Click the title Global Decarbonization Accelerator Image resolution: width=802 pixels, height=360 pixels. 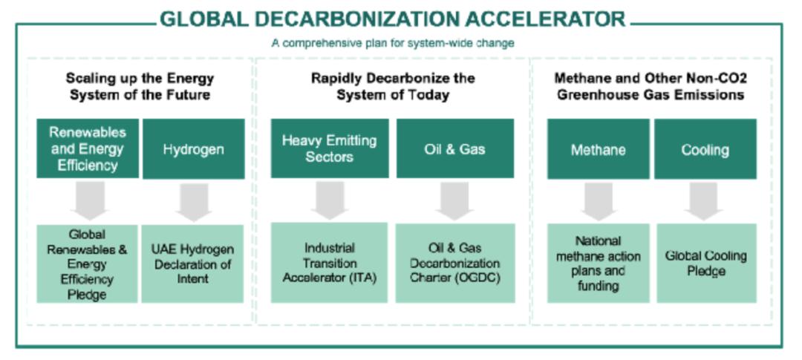pos(393,19)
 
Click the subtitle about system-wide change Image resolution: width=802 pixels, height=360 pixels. pos(393,43)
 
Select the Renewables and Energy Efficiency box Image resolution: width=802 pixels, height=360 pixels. pos(88,148)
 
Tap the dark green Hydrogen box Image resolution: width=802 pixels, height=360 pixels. pos(193,149)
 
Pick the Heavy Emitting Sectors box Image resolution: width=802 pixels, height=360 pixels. pos(329,148)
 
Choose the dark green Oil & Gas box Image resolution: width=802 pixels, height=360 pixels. pos(454,148)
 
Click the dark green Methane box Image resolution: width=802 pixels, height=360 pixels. pos(599,149)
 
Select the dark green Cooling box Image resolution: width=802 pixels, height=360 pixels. pos(705,149)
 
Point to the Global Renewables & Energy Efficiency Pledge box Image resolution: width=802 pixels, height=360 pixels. pos(87,264)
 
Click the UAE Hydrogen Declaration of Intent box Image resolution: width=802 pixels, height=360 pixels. pos(192,264)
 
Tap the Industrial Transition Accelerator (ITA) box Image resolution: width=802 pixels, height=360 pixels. pos(329,263)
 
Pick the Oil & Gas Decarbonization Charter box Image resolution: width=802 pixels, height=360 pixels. pos(454,263)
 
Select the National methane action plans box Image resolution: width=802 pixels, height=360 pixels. pos(599,263)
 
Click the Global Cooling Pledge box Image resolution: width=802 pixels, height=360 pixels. pos(705,263)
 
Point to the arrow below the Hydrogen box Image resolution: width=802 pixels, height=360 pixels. pos(193,201)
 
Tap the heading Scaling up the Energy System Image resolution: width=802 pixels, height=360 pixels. pos(140,87)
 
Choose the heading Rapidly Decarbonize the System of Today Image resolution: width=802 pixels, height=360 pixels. pos(393,87)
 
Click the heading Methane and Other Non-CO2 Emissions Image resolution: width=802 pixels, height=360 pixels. pos(651,87)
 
